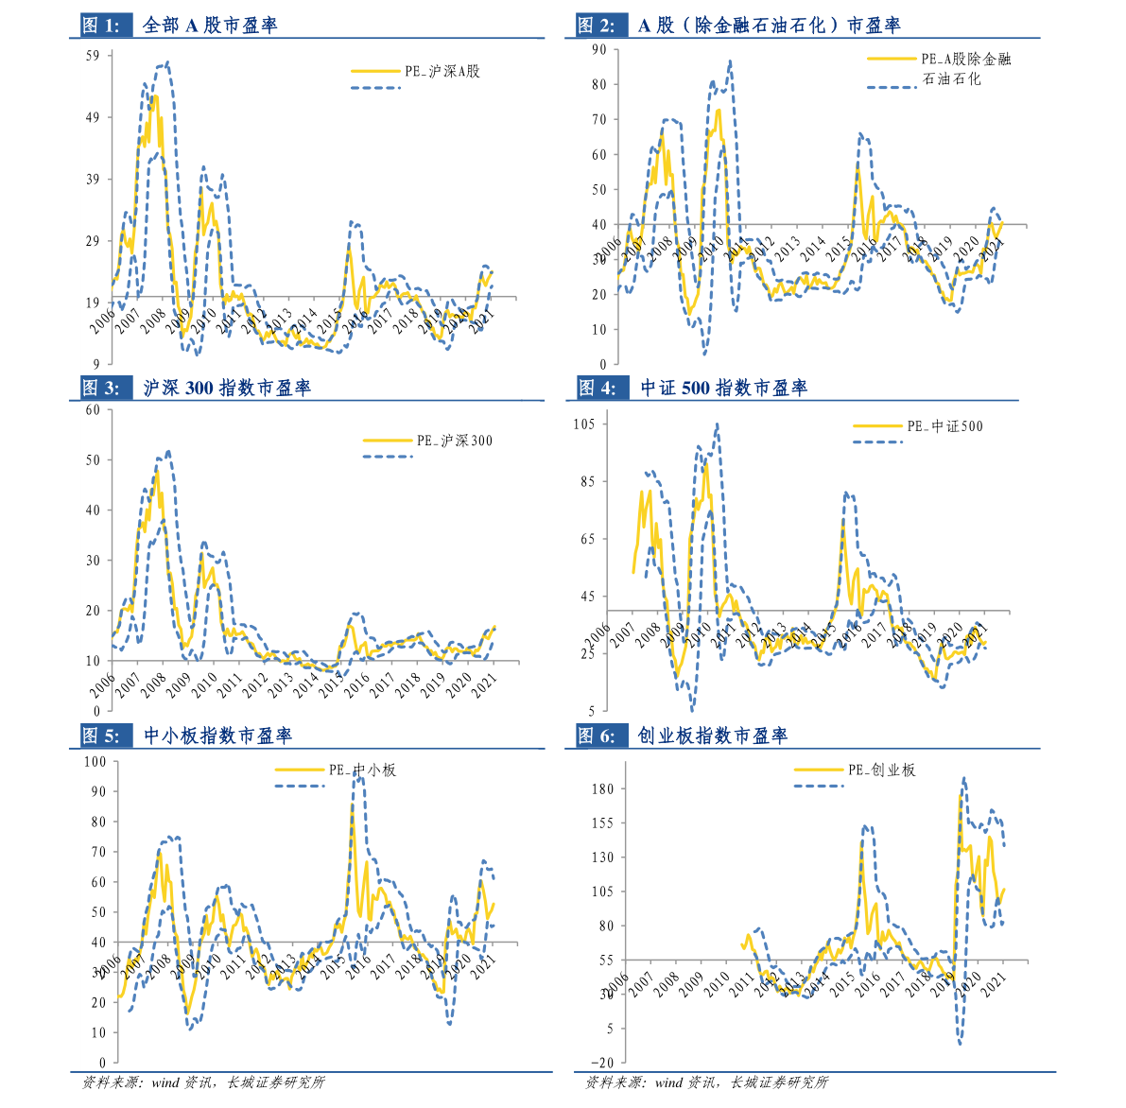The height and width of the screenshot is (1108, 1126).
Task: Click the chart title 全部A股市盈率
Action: click(x=210, y=26)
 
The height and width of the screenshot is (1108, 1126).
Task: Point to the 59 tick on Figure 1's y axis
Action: click(x=93, y=56)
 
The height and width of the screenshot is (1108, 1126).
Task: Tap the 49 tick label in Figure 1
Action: click(x=93, y=117)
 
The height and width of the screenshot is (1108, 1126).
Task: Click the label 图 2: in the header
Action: click(x=596, y=26)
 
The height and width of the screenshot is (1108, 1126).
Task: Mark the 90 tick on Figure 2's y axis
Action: click(x=598, y=49)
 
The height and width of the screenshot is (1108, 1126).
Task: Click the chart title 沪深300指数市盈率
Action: click(x=227, y=388)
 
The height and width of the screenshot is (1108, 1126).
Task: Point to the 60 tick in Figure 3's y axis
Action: click(x=93, y=409)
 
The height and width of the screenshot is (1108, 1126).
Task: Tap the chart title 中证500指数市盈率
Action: click(x=723, y=388)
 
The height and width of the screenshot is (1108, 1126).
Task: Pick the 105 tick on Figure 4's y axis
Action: click(x=584, y=424)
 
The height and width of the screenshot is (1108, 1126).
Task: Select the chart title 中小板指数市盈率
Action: click(x=217, y=736)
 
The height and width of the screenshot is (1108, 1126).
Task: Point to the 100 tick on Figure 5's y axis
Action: click(x=95, y=761)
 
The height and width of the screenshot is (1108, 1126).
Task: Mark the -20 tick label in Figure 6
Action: click(x=600, y=1063)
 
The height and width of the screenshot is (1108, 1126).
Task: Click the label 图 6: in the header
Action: click(x=596, y=736)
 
